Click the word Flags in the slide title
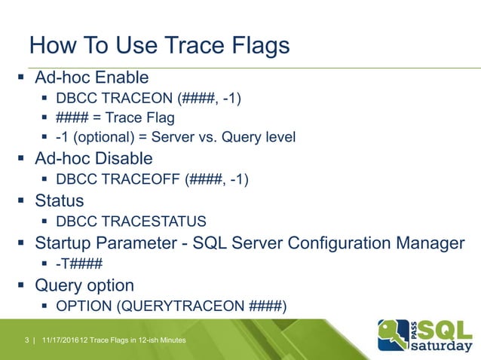[x=254, y=46]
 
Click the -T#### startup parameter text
[x=79, y=264]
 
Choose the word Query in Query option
[x=56, y=285]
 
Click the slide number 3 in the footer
[x=27, y=343]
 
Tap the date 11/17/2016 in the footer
[x=61, y=343]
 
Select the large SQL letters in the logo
[x=446, y=328]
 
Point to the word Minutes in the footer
[x=170, y=343]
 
